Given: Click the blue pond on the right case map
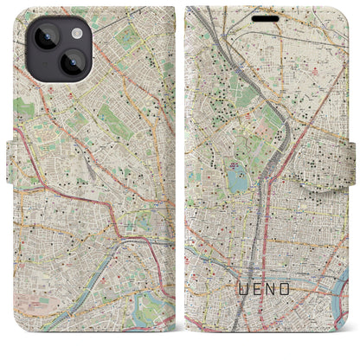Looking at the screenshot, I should tap(237, 183).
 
